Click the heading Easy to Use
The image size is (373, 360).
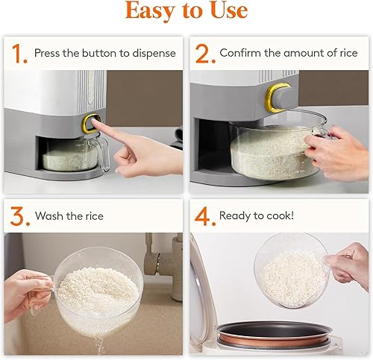coord(186,12)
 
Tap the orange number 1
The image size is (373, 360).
coord(16,53)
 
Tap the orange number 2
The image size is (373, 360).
coord(202,53)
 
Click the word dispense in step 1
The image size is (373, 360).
coord(152,53)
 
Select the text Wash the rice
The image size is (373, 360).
coord(69,216)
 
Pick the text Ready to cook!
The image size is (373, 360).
coord(257,216)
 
